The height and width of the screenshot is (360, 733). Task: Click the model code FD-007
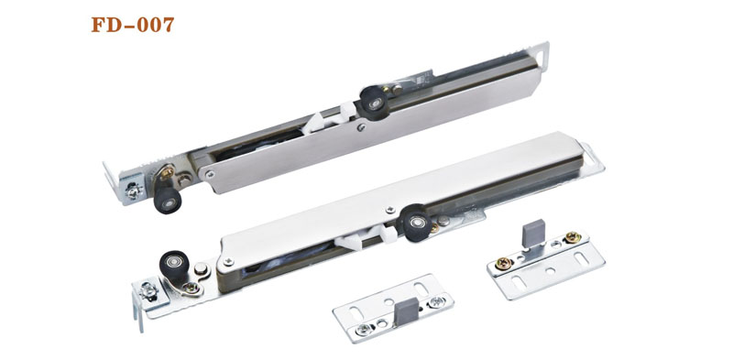(133, 25)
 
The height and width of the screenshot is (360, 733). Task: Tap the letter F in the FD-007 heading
(98, 25)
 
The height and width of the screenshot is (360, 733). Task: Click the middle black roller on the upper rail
(374, 103)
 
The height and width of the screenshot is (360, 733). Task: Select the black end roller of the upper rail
(168, 200)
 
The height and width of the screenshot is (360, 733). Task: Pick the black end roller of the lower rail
(174, 266)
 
